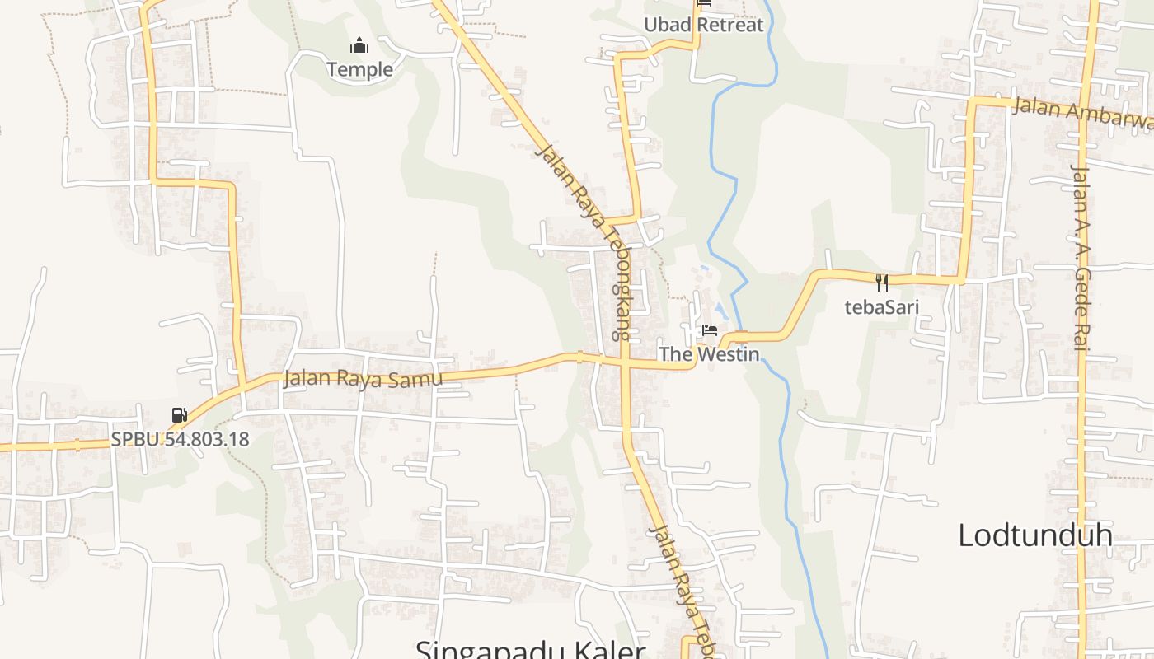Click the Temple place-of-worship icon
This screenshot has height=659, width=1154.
(x=359, y=45)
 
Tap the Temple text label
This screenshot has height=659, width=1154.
(x=359, y=69)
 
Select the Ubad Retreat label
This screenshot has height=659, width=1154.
(x=703, y=25)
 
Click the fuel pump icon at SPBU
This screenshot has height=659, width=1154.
(x=179, y=414)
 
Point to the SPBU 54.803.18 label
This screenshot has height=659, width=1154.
(x=180, y=438)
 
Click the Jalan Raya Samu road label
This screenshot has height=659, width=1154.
(x=363, y=378)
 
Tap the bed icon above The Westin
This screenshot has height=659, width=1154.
(x=709, y=330)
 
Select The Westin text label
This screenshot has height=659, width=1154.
(x=708, y=354)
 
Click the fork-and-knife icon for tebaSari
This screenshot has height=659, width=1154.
(x=882, y=283)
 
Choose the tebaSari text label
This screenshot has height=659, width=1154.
(x=881, y=307)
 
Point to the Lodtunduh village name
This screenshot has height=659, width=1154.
(x=1034, y=535)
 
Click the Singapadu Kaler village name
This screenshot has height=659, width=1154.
(x=529, y=650)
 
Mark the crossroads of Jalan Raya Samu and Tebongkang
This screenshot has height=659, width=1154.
(x=625, y=362)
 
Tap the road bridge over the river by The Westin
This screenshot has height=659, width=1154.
(x=741, y=336)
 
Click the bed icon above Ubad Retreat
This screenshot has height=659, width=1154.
(x=704, y=2)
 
